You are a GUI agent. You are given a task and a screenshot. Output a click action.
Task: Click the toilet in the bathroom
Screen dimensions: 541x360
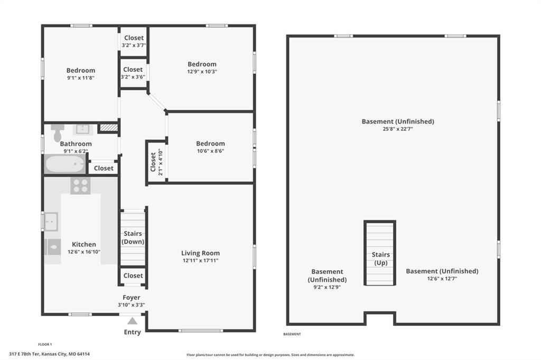point(58,133)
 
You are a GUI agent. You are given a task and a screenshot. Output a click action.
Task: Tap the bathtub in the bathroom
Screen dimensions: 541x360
point(65,164)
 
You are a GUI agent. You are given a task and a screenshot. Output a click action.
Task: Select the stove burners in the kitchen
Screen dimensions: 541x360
point(80,185)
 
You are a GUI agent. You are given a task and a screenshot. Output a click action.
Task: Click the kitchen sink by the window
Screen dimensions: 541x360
point(51,222)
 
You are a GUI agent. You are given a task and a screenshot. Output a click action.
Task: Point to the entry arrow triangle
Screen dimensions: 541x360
point(132,321)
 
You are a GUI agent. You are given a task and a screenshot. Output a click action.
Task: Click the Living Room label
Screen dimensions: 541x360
point(200,253)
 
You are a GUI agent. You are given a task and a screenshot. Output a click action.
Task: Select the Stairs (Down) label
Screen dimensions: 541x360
point(133,238)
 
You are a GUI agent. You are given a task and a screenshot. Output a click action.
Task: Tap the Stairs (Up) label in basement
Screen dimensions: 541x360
point(380,259)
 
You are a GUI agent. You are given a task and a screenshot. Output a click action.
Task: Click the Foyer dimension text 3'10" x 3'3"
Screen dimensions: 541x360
point(132,305)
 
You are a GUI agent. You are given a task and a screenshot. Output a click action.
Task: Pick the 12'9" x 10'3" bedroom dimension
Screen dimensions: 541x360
point(202,72)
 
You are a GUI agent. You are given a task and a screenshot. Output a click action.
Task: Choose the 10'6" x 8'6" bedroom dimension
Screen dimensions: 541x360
point(210,151)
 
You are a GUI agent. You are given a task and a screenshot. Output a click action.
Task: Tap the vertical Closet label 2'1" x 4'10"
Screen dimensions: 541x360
point(156,162)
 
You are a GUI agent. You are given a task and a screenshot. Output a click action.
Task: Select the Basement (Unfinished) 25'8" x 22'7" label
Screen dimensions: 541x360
point(398,125)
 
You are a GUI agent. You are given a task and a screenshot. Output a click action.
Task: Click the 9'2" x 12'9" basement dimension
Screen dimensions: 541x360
point(327,287)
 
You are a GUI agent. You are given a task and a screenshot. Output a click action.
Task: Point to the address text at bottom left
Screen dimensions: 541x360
point(49,354)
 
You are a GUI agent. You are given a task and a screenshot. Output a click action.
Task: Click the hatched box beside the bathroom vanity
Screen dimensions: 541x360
point(109,128)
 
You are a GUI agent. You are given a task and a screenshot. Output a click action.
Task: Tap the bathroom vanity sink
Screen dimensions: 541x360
point(83,129)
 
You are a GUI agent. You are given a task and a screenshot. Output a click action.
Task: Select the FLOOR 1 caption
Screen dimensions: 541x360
point(45,344)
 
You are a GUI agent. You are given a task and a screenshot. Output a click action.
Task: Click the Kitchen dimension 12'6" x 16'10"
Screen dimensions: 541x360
point(84,252)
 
